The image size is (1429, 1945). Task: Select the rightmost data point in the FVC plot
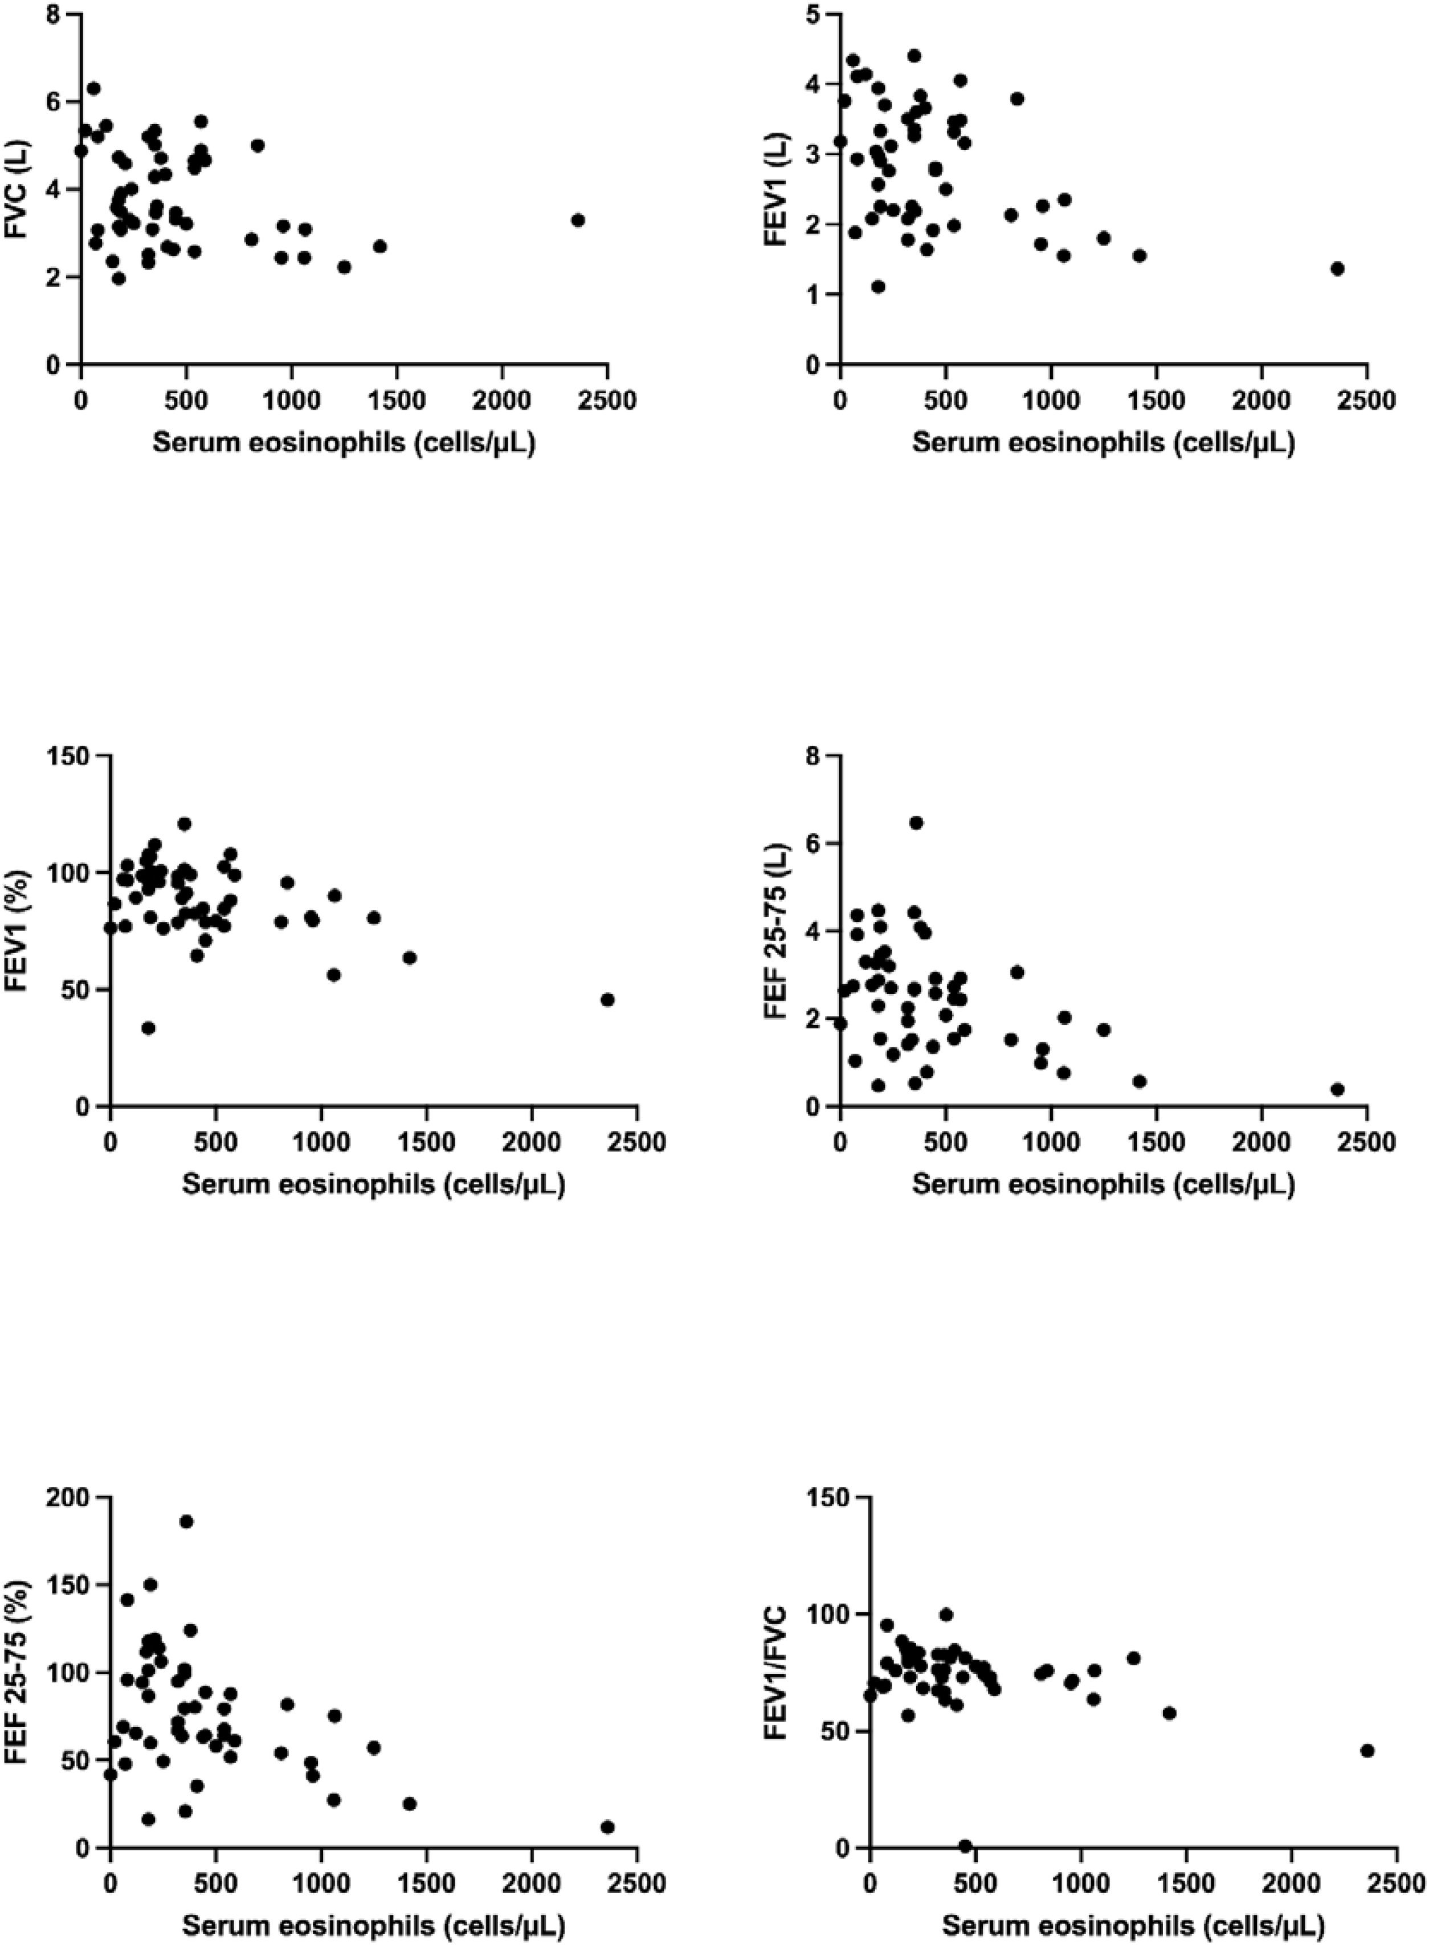578,220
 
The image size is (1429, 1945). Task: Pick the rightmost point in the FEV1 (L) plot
1337,268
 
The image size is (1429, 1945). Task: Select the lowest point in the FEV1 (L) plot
878,286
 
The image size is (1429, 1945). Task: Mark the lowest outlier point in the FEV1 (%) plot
148,1027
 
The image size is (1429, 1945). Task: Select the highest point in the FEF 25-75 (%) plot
186,1521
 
